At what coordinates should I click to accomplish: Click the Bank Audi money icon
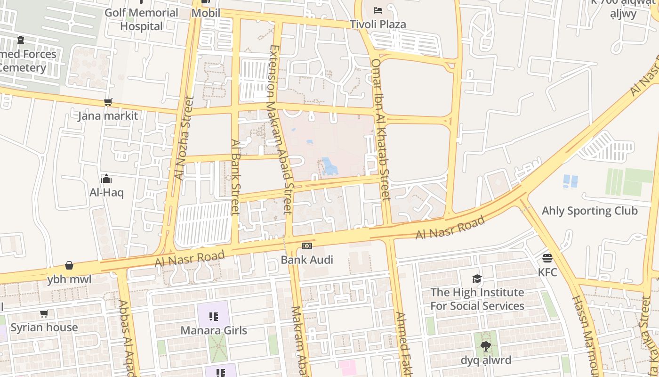(307, 246)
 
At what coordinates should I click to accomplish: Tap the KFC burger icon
(547, 258)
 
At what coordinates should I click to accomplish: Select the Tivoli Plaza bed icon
(378, 10)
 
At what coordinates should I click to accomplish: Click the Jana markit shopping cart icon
(108, 102)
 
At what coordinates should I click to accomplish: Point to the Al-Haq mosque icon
(106, 179)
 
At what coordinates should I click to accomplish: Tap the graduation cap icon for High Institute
(477, 279)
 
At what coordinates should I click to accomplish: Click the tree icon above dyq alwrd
(486, 347)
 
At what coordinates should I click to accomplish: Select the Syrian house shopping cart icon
(44, 313)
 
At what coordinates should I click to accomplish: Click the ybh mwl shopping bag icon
(69, 265)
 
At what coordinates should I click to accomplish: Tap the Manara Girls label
(214, 330)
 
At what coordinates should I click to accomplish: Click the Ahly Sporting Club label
(589, 211)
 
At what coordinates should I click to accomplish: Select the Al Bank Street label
(235, 177)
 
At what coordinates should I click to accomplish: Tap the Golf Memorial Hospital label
(141, 19)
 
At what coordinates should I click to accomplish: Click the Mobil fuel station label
(206, 13)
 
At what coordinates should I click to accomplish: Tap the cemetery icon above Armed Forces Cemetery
(20, 40)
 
